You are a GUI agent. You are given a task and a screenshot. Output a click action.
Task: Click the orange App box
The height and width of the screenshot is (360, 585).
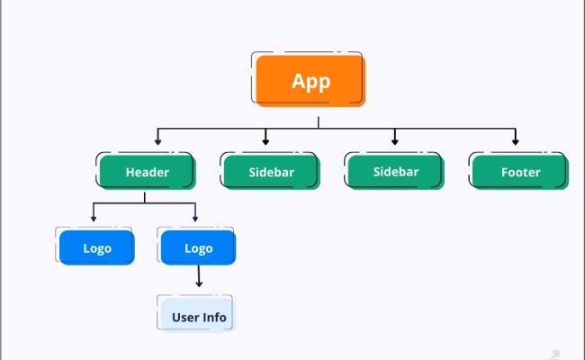tap(310, 80)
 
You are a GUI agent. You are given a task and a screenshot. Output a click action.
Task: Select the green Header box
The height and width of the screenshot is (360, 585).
tap(147, 171)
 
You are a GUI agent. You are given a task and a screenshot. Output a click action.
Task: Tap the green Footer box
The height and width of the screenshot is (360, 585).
tap(520, 171)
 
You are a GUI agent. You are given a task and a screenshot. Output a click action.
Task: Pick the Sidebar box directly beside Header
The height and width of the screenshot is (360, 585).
tap(271, 171)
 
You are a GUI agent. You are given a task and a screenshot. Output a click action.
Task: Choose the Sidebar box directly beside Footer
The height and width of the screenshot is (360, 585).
tap(396, 171)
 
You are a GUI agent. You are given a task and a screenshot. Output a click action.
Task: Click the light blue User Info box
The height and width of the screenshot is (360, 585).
tap(199, 317)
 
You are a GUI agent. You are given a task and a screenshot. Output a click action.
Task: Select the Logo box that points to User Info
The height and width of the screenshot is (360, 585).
tap(198, 247)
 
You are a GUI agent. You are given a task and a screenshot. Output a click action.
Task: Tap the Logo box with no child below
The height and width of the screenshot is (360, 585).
tap(96, 247)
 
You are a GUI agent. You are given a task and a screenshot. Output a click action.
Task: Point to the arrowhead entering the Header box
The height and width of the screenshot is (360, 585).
tap(158, 141)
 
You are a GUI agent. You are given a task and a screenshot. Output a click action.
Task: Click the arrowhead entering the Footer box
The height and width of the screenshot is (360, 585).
tap(516, 141)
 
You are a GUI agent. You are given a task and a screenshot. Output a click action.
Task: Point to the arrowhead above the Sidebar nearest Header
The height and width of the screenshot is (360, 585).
tap(265, 141)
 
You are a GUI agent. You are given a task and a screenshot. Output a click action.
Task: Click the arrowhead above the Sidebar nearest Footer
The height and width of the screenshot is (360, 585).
tap(394, 141)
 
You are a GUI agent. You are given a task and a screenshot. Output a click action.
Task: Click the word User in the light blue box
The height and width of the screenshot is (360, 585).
tap(185, 317)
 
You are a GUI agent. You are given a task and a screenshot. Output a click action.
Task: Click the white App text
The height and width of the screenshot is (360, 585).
tap(310, 80)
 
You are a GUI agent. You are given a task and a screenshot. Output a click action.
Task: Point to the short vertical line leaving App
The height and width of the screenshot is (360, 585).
tap(318, 121)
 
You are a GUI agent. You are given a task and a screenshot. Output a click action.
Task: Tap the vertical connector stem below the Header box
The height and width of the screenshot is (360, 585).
tap(145, 195)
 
